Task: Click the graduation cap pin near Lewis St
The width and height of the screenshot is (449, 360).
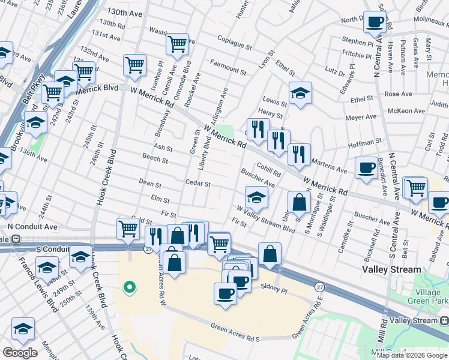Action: click(300, 93)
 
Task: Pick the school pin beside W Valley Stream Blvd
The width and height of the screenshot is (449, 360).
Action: click(256, 197)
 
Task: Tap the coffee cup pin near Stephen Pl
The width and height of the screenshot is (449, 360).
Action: click(375, 22)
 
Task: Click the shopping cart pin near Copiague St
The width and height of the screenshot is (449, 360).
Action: click(177, 43)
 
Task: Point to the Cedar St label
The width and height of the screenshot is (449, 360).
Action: click(197, 184)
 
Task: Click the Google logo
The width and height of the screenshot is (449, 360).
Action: click(20, 353)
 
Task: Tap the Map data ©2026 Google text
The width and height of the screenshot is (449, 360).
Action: click(411, 355)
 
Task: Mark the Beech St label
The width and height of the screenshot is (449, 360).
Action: click(155, 157)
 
